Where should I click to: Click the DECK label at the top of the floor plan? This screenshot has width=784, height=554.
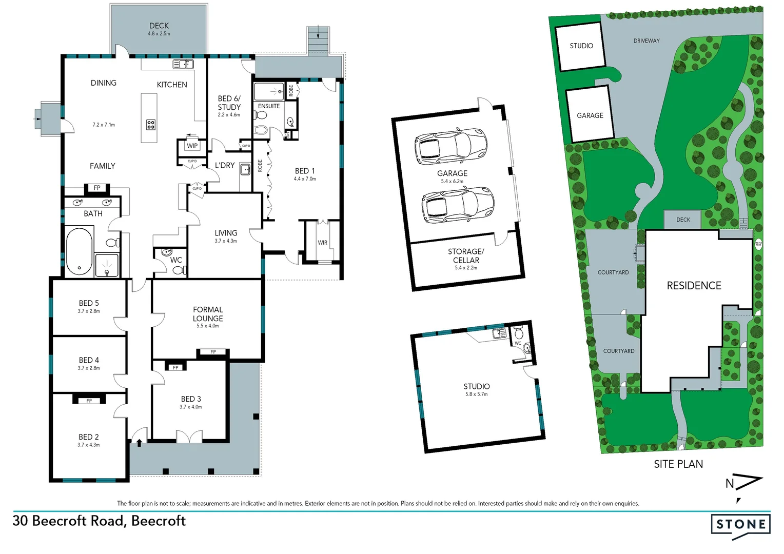pyautogui.click(x=159, y=26)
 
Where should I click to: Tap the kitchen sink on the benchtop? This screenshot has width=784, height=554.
pyautogui.click(x=183, y=64)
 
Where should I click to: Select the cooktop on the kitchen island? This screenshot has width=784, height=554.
pyautogui.click(x=151, y=124)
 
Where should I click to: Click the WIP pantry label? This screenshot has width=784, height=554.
pyautogui.click(x=192, y=146)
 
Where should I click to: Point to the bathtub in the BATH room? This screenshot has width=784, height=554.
pyautogui.click(x=79, y=251)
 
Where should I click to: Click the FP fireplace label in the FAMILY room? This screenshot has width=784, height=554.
pyautogui.click(x=97, y=188)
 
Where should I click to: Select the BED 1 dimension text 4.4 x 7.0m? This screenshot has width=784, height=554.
pyautogui.click(x=305, y=179)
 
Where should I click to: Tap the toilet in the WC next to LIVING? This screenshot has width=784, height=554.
pyautogui.click(x=178, y=270)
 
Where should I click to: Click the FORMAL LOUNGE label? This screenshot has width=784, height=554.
pyautogui.click(x=208, y=314)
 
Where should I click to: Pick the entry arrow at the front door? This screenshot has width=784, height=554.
pyautogui.click(x=139, y=442)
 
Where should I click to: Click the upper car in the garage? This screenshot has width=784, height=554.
pyautogui.click(x=450, y=146)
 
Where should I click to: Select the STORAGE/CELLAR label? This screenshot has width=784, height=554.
pyautogui.click(x=466, y=255)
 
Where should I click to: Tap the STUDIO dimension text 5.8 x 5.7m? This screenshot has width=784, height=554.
pyautogui.click(x=476, y=394)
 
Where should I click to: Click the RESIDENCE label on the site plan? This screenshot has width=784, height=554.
pyautogui.click(x=694, y=286)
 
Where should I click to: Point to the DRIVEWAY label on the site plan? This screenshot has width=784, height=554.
pyautogui.click(x=646, y=41)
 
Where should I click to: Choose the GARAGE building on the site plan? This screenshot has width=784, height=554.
pyautogui.click(x=590, y=115)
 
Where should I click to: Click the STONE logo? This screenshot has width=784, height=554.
pyautogui.click(x=740, y=524)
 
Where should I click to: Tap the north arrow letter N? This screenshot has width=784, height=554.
pyautogui.click(x=730, y=483)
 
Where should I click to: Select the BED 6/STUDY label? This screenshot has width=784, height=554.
pyautogui.click(x=229, y=103)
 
